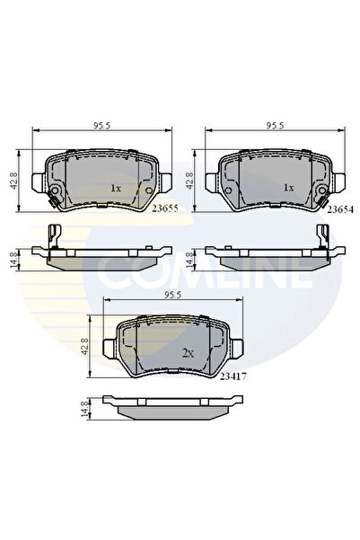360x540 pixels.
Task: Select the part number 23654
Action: click(x=338, y=208)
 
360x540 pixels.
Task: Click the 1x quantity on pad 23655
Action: click(x=115, y=189)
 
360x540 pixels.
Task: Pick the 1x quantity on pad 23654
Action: click(x=289, y=189)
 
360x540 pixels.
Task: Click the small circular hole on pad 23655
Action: click(x=54, y=196)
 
